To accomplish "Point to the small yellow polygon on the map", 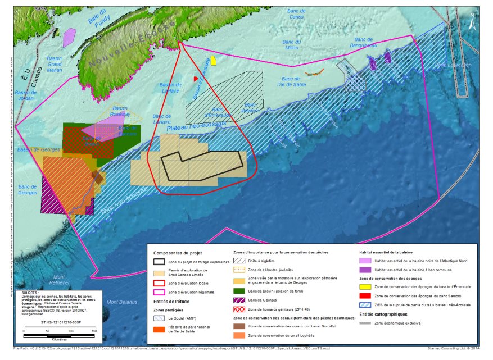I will [x=214, y=61].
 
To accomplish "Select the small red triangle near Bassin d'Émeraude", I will [x=196, y=79].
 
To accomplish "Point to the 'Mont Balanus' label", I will [x=122, y=303].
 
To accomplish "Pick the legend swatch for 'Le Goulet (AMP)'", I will [x=160, y=317].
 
